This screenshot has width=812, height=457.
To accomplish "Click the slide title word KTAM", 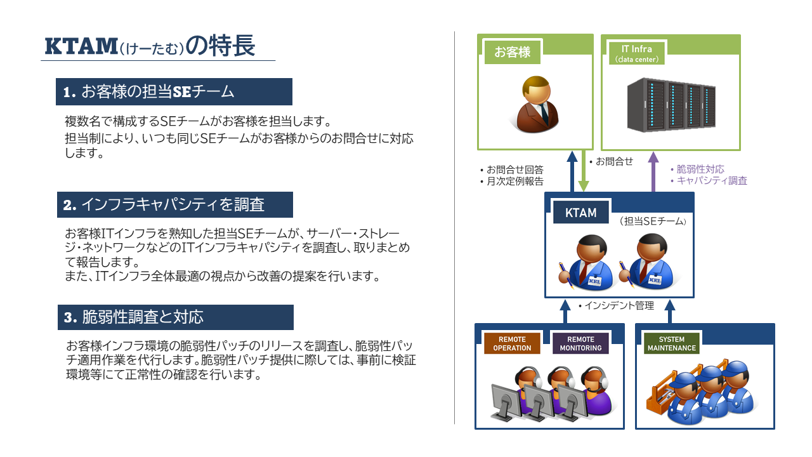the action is pyautogui.click(x=81, y=46).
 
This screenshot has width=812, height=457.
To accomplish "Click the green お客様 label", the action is pyautogui.click(x=512, y=52).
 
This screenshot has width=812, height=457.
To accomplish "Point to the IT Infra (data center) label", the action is pyautogui.click(x=636, y=53).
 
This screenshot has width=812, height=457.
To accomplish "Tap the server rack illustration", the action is pyautogui.click(x=671, y=105).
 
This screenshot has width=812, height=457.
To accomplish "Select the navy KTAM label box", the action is pyautogui.click(x=580, y=213).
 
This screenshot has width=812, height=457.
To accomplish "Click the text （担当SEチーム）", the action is pyautogui.click(x=653, y=222).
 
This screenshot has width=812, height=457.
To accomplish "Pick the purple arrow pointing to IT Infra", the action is pyautogui.click(x=653, y=171).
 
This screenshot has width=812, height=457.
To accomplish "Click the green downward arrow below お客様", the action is pyautogui.click(x=583, y=171).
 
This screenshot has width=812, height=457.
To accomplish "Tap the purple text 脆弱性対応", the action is pyautogui.click(x=700, y=169).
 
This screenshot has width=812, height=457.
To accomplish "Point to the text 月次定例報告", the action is pyautogui.click(x=514, y=182).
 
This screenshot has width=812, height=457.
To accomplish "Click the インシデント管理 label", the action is pyautogui.click(x=619, y=306).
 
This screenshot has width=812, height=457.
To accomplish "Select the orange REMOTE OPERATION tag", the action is pyautogui.click(x=512, y=343).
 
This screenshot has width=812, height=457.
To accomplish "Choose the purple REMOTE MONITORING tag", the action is pyautogui.click(x=580, y=343).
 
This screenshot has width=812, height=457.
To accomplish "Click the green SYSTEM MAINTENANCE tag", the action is pyautogui.click(x=671, y=343).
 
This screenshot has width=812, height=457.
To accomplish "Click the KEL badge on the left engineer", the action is pyautogui.click(x=594, y=281).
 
